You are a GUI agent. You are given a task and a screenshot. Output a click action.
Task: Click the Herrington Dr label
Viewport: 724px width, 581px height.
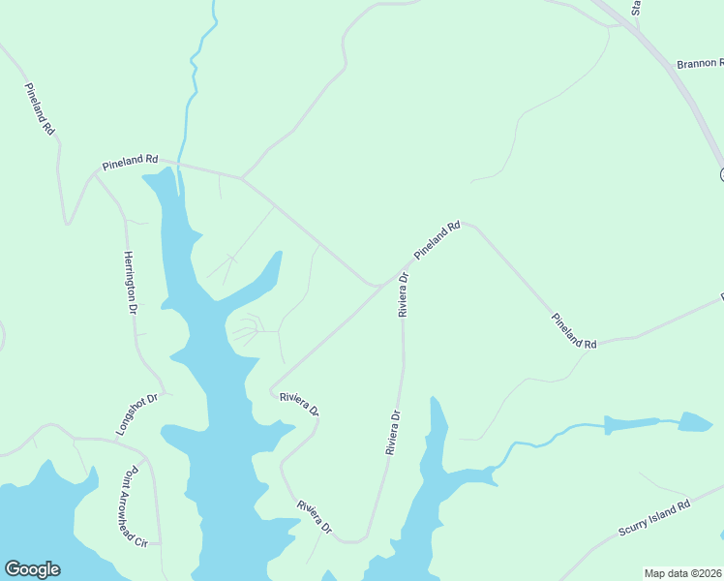pyautogui.click(x=129, y=282)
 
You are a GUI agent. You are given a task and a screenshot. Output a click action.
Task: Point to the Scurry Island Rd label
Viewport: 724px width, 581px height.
pyautogui.click(x=654, y=519)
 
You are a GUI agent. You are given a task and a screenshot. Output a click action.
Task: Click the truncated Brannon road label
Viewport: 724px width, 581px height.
pyautogui.click(x=700, y=64)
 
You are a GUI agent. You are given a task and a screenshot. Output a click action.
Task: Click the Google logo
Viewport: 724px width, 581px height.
pyautogui.click(x=32, y=569)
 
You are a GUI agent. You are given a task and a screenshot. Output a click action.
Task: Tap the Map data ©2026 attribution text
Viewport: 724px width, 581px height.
pyautogui.click(x=683, y=573)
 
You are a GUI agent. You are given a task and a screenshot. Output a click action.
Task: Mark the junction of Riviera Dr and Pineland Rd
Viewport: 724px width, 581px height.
pyautogui.click(x=402, y=274)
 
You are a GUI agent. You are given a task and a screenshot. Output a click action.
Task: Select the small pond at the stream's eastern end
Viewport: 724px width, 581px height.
pyautogui.click(x=694, y=422)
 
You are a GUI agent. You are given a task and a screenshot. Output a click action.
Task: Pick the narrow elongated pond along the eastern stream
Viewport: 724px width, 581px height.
pyautogui.click(x=631, y=424)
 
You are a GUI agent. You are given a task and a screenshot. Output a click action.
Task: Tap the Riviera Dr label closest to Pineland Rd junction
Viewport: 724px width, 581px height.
pyautogui.click(x=404, y=294)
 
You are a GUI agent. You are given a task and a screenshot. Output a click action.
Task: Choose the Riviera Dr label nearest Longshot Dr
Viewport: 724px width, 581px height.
pyautogui.click(x=299, y=402)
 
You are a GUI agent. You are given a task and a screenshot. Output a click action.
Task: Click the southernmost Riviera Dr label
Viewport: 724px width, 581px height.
pyautogui.click(x=316, y=517)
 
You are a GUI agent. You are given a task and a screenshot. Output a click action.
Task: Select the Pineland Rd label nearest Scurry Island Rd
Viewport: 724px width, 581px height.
pyautogui.click(x=574, y=330)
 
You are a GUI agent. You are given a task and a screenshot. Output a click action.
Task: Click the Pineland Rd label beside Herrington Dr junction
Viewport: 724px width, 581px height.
pyautogui.click(x=130, y=160)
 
